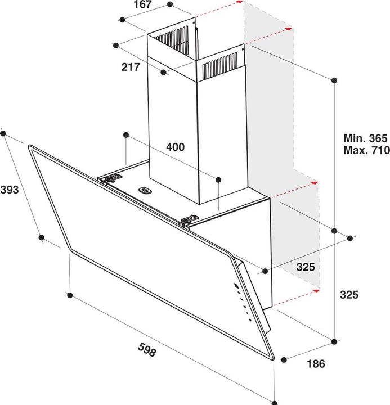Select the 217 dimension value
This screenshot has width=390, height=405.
(131, 67)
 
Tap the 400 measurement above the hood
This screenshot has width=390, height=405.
(175, 147)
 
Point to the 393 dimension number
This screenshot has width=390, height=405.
(10, 190)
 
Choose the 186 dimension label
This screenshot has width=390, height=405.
(316, 363)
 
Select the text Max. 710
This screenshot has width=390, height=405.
(365, 150)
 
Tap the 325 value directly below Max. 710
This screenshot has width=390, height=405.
(349, 294)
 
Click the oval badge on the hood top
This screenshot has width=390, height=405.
(146, 190)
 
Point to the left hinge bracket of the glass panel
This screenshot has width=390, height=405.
(110, 178)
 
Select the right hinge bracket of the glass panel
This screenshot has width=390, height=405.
(189, 220)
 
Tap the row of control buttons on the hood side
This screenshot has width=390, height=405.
(241, 299)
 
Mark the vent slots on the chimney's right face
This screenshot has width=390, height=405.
(221, 66)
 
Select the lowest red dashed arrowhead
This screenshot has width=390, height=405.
(316, 291)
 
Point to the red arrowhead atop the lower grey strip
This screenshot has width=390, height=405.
(316, 183)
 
